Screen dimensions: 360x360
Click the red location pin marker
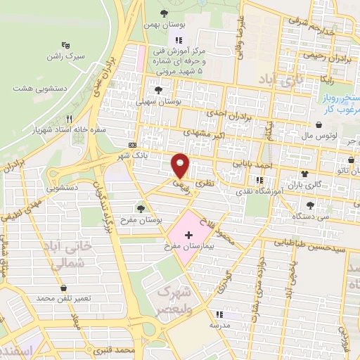181,165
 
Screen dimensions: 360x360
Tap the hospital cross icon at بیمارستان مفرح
188,233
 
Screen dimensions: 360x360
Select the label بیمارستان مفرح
188,247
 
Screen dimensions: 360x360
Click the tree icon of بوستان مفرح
141,207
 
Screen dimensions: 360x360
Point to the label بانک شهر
154,156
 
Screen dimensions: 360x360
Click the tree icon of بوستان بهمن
164,13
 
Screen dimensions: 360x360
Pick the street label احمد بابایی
252,165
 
